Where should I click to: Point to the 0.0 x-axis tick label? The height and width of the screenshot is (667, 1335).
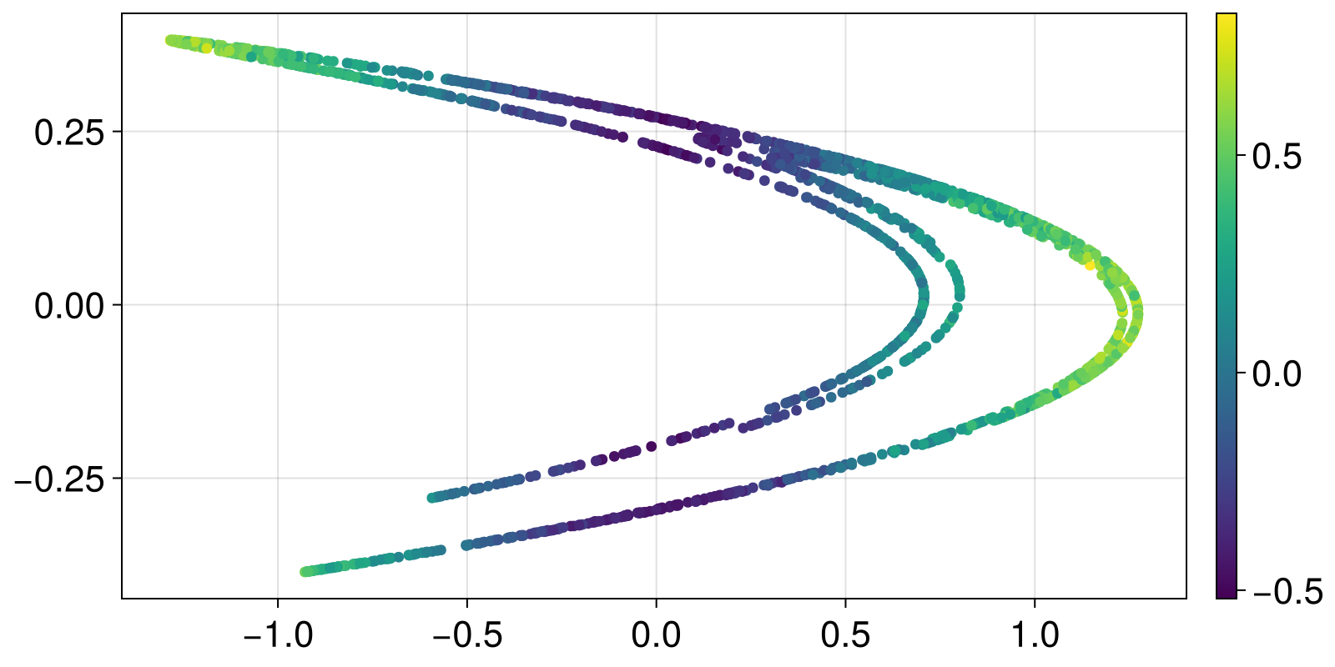(x=656, y=636)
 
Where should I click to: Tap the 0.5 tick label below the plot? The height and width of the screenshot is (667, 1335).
(x=845, y=636)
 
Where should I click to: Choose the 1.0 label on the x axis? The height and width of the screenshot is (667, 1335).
(x=1035, y=636)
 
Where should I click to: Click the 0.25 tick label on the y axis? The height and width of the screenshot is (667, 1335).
(x=69, y=133)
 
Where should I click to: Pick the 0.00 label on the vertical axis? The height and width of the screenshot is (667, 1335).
(x=69, y=306)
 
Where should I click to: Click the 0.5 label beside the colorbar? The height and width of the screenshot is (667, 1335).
(x=1277, y=156)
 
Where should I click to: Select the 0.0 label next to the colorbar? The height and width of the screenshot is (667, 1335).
(x=1277, y=374)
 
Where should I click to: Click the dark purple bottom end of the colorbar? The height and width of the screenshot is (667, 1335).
(x=1226, y=594)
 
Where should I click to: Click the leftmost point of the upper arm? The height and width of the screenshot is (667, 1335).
(x=170, y=40)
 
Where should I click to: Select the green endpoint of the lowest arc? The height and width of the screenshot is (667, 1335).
(x=305, y=572)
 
